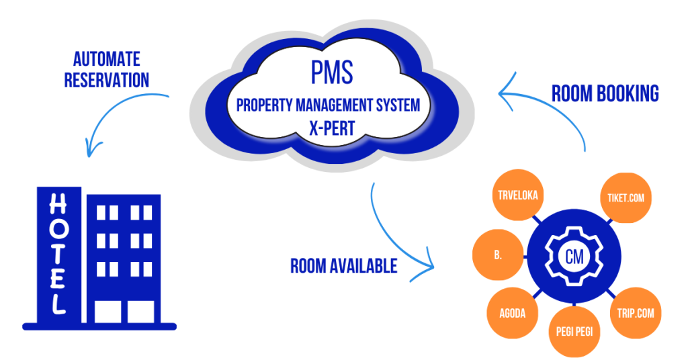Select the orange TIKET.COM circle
click(x=626, y=197)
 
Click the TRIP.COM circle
click(x=635, y=312)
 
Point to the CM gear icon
click(x=573, y=255)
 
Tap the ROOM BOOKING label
click(x=605, y=93)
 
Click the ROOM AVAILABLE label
click(x=343, y=265)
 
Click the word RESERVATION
click(x=106, y=81)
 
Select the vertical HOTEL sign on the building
click(x=59, y=254)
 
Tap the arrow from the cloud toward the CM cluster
click(x=396, y=235)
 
